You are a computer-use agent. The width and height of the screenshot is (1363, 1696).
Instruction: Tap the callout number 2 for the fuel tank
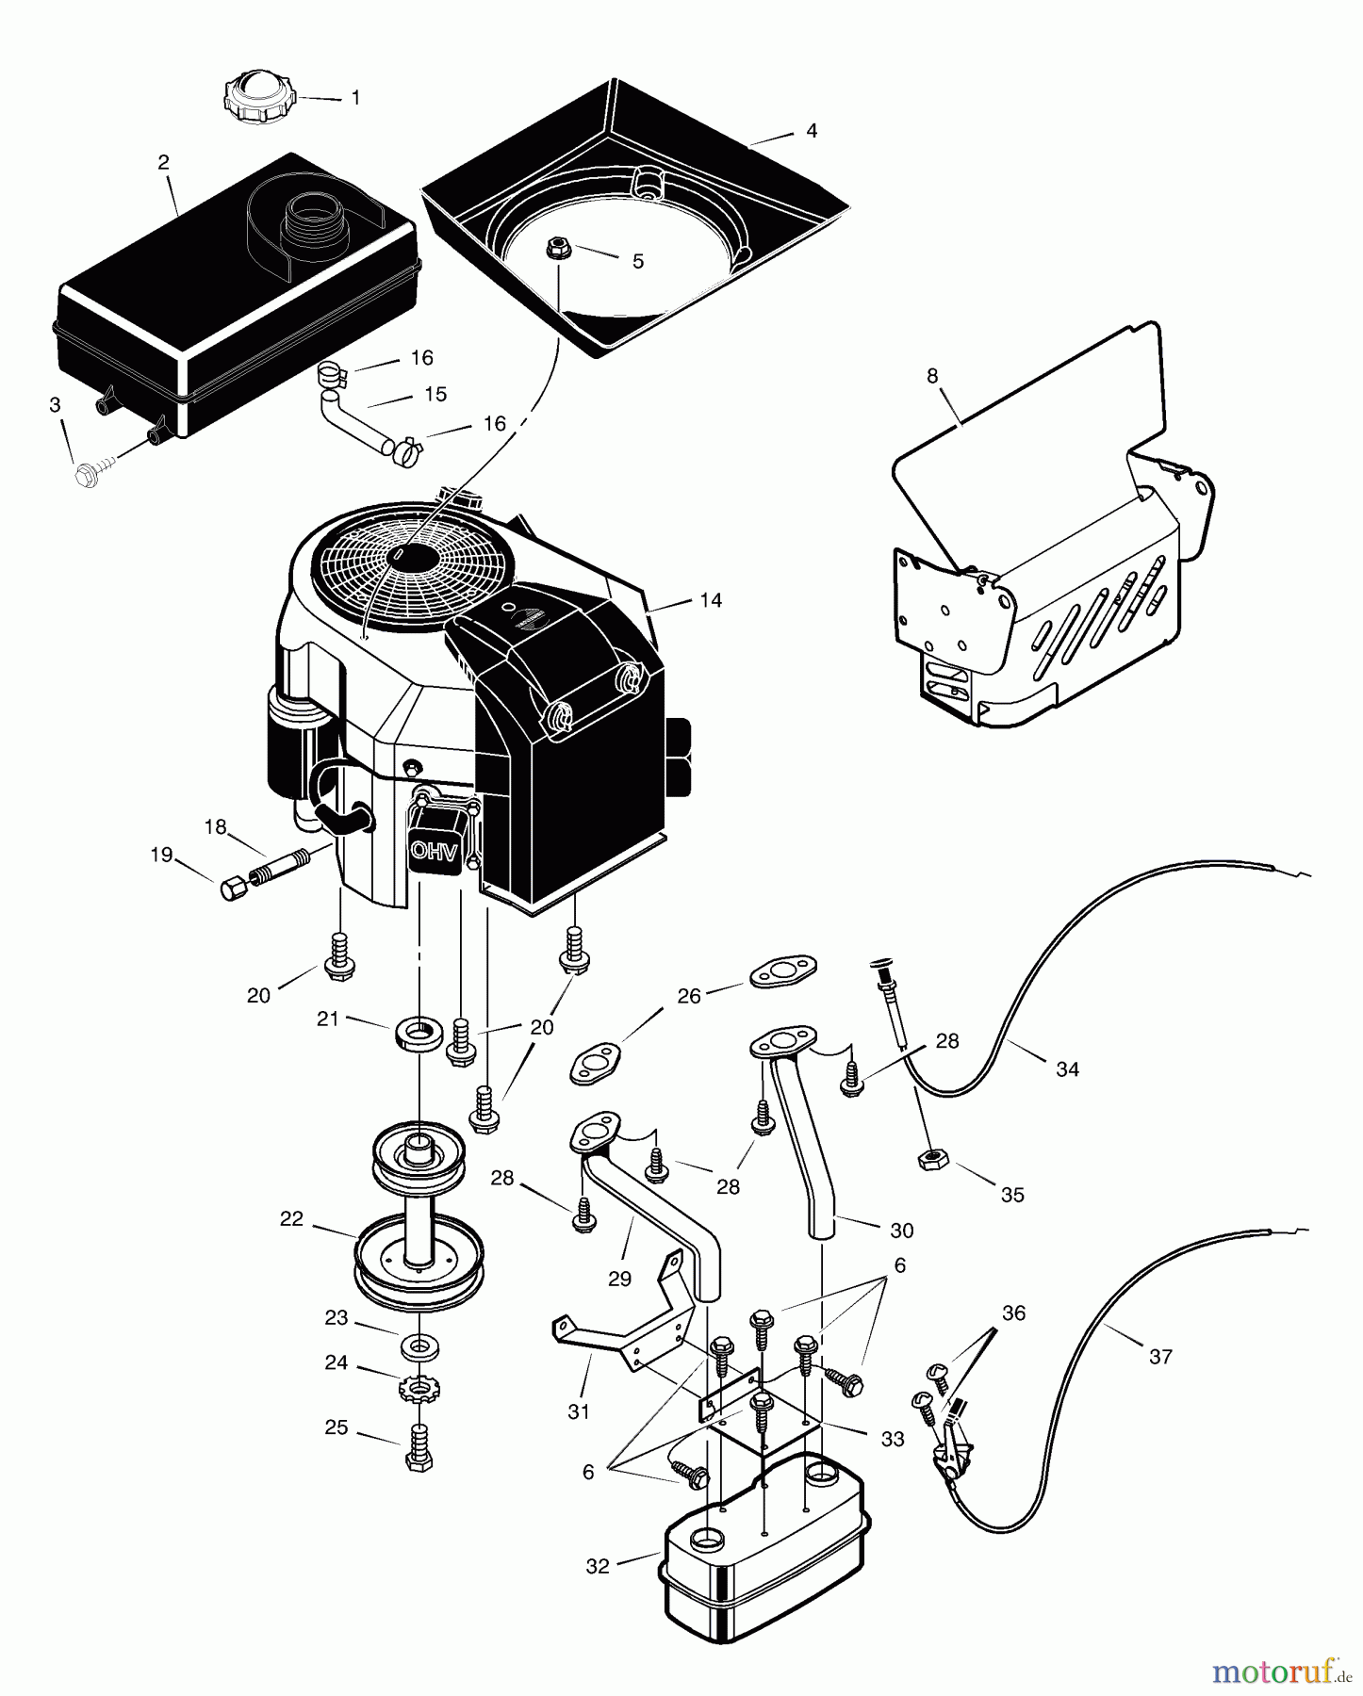click(164, 163)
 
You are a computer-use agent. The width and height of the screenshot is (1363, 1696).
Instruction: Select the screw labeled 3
click(91, 473)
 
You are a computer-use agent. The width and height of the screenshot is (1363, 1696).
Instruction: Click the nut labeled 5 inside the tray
click(558, 249)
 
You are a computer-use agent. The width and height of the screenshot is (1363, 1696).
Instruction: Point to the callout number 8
click(932, 376)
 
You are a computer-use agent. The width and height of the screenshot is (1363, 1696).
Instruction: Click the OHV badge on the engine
click(435, 849)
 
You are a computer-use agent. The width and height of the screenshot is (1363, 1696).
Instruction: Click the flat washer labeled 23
click(415, 1347)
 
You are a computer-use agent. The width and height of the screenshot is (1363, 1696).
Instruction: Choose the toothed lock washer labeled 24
click(416, 1388)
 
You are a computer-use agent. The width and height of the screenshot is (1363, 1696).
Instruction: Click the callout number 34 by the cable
click(1067, 1068)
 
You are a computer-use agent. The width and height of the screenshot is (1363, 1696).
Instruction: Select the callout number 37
click(1160, 1356)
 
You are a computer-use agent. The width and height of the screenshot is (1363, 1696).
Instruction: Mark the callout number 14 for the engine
click(711, 600)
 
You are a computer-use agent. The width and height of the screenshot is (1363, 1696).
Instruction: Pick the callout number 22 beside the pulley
click(291, 1218)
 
